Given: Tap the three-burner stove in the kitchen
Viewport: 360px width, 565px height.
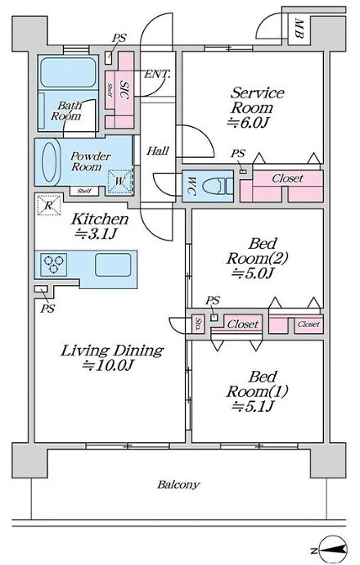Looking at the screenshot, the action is tap(54, 264).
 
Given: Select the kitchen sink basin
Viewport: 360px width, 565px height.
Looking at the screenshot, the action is tap(113, 264).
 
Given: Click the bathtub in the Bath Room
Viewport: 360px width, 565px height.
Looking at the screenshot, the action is tap(68, 72).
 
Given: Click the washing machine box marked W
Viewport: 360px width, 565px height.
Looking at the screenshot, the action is tap(119, 181).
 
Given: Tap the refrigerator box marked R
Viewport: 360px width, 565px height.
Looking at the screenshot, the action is tap(49, 205).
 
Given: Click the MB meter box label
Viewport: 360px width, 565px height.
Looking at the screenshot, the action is tap(299, 29).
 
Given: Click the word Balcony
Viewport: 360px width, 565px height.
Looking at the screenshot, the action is tap(178, 485).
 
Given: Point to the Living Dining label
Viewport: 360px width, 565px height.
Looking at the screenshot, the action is tap(112, 350).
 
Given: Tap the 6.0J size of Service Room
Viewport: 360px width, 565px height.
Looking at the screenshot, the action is tap(248, 123).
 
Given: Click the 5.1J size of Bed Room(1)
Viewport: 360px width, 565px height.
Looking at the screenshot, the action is tap(253, 406).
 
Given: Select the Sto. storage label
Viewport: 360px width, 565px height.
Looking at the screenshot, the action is tap(198, 324).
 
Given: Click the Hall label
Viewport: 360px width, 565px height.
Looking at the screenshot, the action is tap(158, 151).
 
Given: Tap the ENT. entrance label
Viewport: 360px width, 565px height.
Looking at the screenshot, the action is tap(157, 75).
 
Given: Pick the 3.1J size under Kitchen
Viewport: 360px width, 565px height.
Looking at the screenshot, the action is tap(96, 234).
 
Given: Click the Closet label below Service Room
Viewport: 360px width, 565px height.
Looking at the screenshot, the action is tap(287, 179).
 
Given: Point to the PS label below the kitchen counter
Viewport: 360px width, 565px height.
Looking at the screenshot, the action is tap(47, 309).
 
